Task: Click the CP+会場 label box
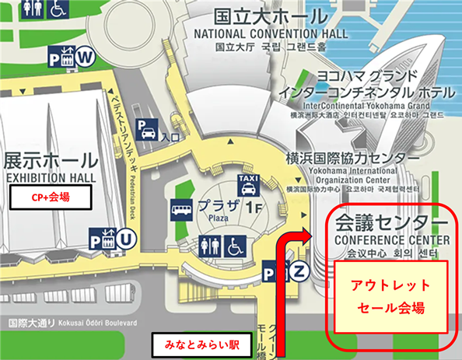tap(51, 197)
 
